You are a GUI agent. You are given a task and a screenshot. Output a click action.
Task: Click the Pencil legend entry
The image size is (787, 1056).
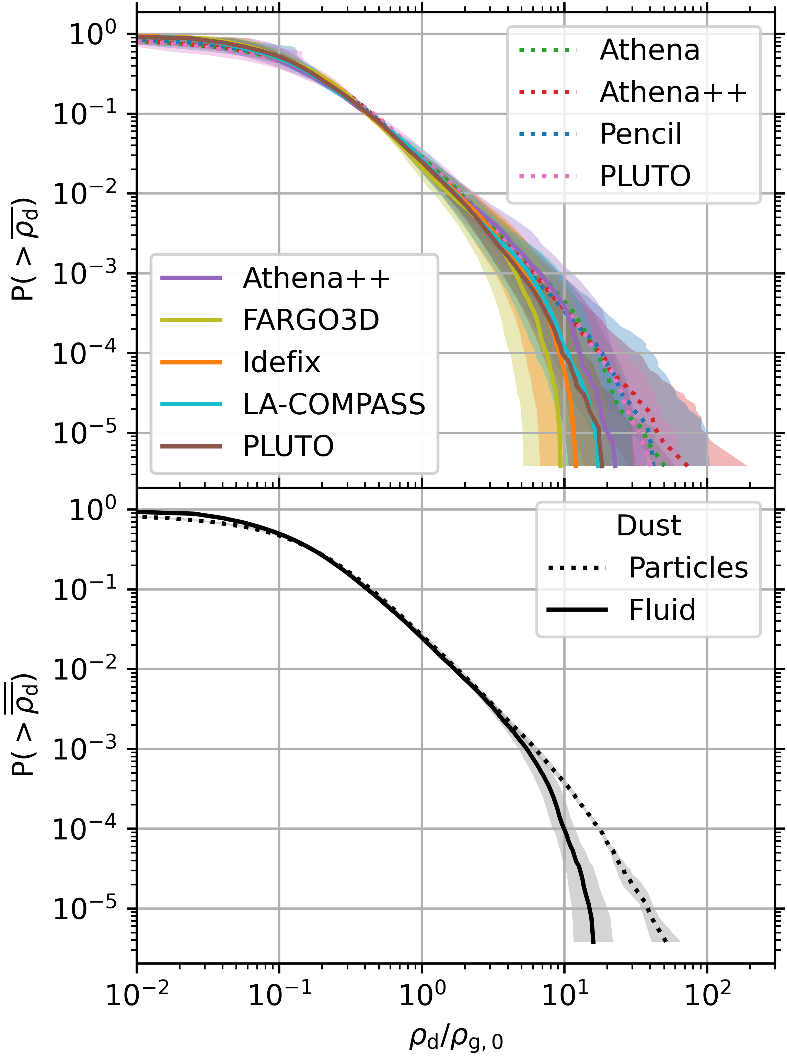(640, 134)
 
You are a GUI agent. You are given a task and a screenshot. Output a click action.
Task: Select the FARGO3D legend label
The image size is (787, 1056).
(311, 320)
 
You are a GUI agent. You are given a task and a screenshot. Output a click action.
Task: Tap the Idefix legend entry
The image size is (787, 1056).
(281, 362)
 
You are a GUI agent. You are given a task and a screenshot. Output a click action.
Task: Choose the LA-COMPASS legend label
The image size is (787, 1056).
(334, 404)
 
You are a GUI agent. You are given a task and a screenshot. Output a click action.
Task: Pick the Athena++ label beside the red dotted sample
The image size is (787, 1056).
(673, 92)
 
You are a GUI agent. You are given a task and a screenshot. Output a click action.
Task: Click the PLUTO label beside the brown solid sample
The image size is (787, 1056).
(288, 446)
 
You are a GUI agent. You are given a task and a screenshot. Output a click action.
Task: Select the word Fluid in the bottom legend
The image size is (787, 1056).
(662, 610)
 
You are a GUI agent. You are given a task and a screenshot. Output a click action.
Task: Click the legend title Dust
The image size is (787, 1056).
(648, 526)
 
